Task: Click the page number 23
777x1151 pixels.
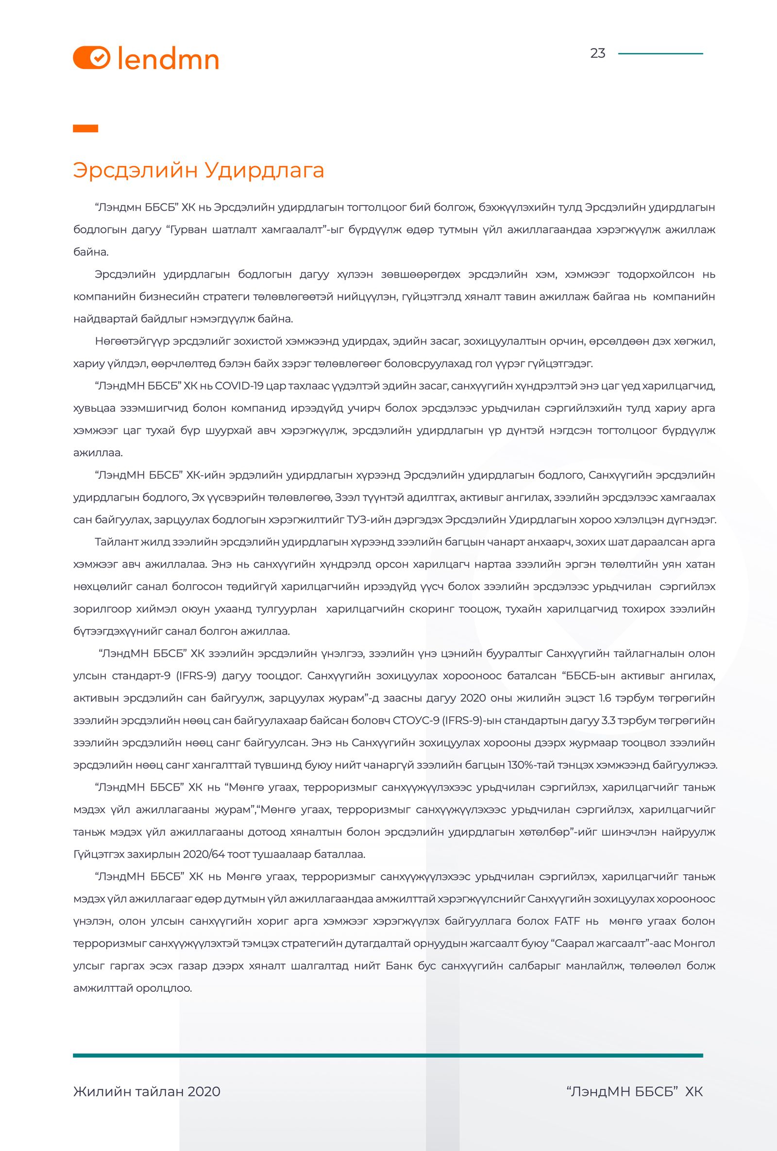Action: point(597,53)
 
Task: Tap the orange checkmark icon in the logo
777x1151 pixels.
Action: point(99,57)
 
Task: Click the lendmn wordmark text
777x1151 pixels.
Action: point(169,59)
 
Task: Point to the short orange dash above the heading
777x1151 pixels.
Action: point(85,128)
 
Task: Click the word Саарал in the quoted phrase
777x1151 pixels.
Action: point(577,943)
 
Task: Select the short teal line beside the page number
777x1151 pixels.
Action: point(660,53)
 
